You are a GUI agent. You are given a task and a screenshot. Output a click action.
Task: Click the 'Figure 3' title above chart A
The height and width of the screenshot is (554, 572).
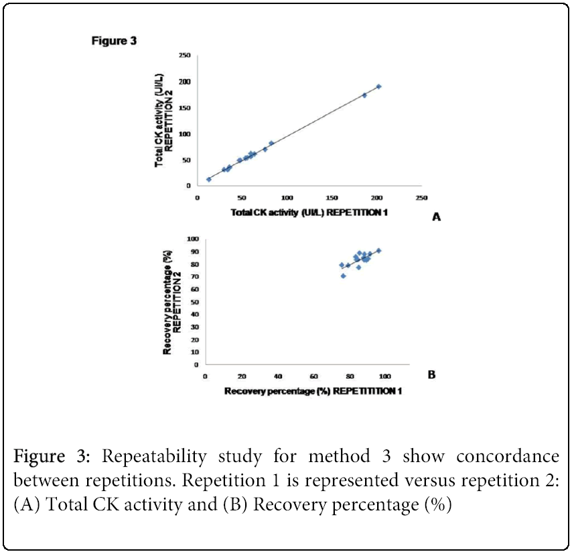[114, 41]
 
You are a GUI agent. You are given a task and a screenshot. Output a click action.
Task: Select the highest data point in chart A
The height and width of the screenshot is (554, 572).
[378, 87]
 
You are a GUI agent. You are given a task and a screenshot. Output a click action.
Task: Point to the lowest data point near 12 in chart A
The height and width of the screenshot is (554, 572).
[209, 179]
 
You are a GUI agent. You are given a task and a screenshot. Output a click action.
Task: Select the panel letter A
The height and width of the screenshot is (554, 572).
[436, 217]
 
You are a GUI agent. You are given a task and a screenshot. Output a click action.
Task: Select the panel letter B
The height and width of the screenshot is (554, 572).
[431, 375]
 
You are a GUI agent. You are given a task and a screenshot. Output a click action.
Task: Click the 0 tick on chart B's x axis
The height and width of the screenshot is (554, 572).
[204, 377]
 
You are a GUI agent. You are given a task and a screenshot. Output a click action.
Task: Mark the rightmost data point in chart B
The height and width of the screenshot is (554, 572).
[378, 250]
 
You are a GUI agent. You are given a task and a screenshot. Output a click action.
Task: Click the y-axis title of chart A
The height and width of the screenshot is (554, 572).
[164, 121]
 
